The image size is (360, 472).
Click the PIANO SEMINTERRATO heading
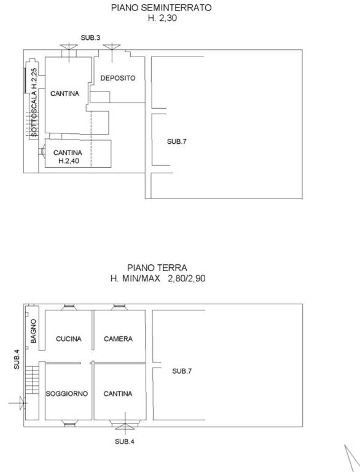tap(162, 7)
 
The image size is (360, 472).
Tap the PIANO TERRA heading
tap(157, 267)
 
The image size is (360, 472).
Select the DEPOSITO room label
tap(118, 78)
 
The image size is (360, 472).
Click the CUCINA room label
tap(69, 339)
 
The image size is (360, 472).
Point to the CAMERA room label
tap(118, 339)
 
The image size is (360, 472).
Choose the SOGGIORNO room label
tap(67, 393)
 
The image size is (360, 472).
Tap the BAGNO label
tap(33, 331)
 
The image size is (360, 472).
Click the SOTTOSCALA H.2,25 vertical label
tap(34, 103)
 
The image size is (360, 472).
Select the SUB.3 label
tap(90, 37)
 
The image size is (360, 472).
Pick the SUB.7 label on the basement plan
tap(177, 141)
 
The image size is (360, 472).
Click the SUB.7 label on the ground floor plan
tap(182, 371)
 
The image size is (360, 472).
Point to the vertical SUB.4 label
tap(17, 359)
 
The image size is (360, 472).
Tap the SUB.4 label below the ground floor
tap(125, 441)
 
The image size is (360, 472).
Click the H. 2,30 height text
tap(162, 18)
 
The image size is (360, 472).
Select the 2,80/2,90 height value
tap(187, 278)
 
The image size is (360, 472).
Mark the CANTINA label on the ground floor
tap(118, 393)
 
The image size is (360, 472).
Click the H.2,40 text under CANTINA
tap(69, 161)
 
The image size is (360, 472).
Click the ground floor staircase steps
tap(32, 380)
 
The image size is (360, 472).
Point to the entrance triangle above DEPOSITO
tap(112, 50)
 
